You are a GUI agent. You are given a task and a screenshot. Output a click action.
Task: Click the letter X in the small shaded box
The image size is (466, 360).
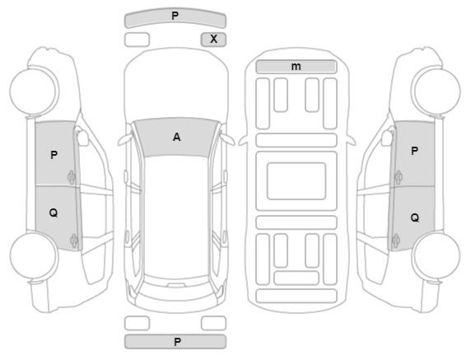[214, 39]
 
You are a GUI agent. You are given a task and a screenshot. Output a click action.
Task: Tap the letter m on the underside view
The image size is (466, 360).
[296, 66]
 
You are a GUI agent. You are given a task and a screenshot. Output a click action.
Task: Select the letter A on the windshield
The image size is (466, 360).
[176, 137]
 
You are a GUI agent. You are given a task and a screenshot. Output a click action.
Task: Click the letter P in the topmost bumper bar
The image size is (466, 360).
[175, 16]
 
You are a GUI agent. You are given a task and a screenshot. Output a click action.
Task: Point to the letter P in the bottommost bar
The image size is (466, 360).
[177, 342]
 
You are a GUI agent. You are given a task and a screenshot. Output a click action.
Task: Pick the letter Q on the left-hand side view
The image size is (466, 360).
[54, 213]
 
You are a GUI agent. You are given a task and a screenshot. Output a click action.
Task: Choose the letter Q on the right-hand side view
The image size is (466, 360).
[415, 218]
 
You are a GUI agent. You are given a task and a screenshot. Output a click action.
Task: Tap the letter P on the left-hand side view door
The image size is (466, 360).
[54, 155]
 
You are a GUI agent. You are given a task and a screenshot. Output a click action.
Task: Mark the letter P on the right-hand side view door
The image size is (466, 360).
[414, 151]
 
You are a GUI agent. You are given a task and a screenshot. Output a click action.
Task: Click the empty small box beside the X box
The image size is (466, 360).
[137, 40]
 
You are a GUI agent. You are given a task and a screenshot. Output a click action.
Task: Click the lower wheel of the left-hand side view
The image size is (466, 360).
[34, 256]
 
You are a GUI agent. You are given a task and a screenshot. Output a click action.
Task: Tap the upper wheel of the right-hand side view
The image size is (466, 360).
[436, 91]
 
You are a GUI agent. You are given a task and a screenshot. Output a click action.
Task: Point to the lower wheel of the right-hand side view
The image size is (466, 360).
[436, 256]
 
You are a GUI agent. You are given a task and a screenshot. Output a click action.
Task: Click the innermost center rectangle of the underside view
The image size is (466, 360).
[296, 181]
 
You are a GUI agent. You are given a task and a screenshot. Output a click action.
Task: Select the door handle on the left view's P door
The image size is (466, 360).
[72, 178]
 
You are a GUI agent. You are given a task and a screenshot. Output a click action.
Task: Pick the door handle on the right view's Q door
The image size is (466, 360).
[395, 241]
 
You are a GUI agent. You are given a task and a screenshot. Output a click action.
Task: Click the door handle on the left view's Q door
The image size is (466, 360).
[74, 241]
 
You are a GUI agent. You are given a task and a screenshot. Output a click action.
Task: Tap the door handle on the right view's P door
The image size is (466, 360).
[398, 178]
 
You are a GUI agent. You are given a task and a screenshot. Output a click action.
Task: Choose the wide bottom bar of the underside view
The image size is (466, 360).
[296, 296]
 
